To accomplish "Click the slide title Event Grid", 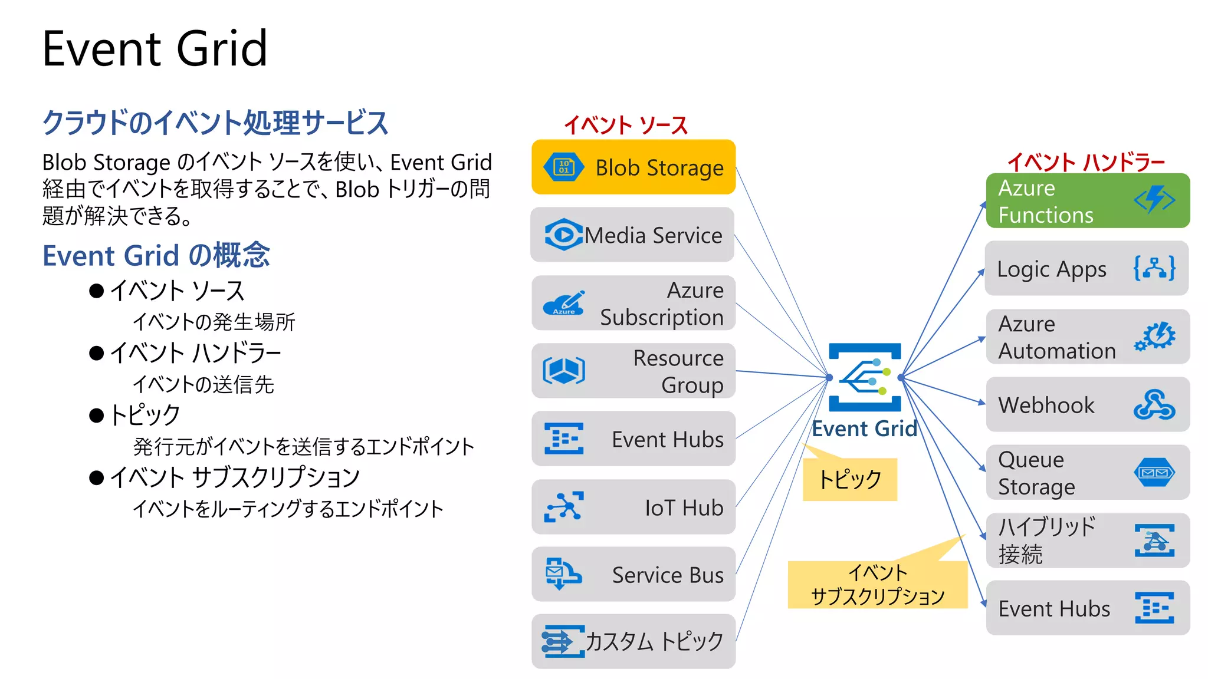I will [155, 49].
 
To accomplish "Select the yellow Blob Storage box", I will [633, 167].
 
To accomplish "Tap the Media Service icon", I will [563, 235].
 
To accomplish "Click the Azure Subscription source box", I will [633, 303].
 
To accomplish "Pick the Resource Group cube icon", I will [563, 371].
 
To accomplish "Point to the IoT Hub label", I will [684, 507].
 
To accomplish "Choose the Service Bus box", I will [633, 575].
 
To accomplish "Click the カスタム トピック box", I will [633, 641].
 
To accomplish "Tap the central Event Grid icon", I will [865, 377].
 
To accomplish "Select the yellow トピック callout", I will [849, 479].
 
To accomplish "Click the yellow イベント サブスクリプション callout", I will [877, 585].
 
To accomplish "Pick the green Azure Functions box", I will [1087, 201].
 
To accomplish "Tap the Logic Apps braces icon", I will [1154, 268].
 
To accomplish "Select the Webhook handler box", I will [1087, 405].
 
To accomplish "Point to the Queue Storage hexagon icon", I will [1154, 473].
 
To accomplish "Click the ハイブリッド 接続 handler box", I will [1087, 540].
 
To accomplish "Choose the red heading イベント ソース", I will [625, 126].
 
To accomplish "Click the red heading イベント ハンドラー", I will [1085, 162].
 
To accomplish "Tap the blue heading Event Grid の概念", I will [156, 256].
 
